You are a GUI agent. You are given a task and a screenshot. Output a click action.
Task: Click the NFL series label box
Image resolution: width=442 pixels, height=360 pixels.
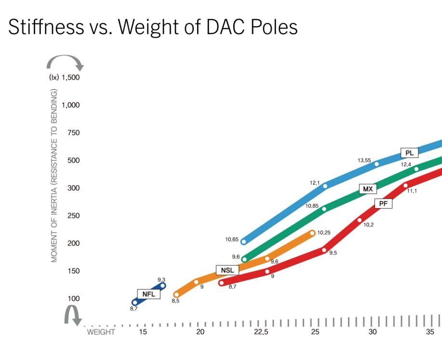tap(148, 293)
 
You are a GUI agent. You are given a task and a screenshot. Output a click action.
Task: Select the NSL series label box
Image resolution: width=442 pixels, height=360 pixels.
tap(227, 270)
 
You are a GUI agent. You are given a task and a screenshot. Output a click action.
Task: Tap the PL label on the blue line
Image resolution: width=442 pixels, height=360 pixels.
tap(409, 153)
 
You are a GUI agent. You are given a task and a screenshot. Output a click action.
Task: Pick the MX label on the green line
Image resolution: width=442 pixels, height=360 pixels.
tap(368, 189)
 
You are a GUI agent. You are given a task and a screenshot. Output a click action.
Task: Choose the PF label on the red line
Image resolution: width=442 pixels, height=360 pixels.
tap(383, 203)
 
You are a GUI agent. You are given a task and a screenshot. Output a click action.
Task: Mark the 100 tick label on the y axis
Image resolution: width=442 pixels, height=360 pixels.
tap(73, 299)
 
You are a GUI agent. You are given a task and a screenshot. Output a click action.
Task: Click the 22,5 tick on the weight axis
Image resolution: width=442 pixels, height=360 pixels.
tap(261, 332)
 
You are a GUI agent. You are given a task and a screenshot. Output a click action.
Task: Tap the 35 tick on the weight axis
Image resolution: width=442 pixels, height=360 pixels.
tap(430, 332)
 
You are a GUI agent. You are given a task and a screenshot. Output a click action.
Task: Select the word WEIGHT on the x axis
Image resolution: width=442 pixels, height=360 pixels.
tap(101, 332)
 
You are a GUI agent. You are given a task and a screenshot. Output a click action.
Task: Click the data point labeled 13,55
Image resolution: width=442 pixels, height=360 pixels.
tap(377, 164)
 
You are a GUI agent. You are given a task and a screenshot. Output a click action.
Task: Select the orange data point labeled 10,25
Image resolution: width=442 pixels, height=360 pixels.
tap(312, 233)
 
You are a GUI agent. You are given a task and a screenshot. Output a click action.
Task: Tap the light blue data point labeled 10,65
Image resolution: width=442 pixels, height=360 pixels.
tap(244, 241)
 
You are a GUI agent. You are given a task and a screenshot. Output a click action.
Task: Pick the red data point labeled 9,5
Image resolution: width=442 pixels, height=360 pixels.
tap(324, 250)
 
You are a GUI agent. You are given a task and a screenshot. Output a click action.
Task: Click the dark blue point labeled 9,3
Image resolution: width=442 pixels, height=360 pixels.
tap(163, 286)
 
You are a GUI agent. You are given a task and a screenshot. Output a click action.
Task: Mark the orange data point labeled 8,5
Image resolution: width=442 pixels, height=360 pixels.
tap(176, 294)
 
